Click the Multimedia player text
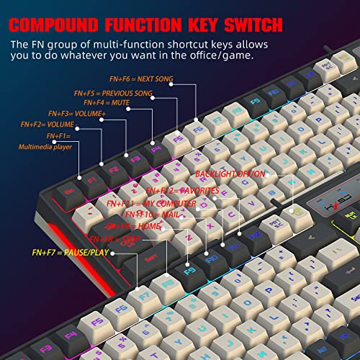coord(45,146)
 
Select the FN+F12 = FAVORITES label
coord(182,191)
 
